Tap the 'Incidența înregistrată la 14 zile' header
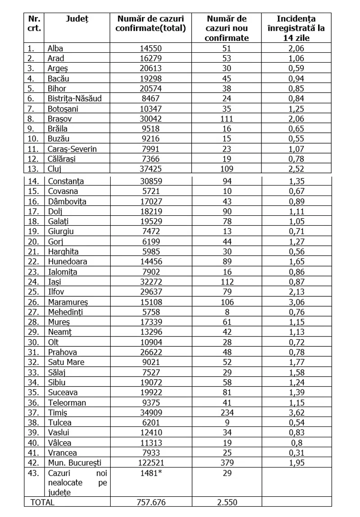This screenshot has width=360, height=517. [296, 28]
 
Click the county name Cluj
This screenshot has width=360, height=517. [54, 169]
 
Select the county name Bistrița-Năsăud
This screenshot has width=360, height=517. [78, 99]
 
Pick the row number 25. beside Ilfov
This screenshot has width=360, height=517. [33, 291]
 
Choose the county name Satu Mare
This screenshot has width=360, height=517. [66, 362]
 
